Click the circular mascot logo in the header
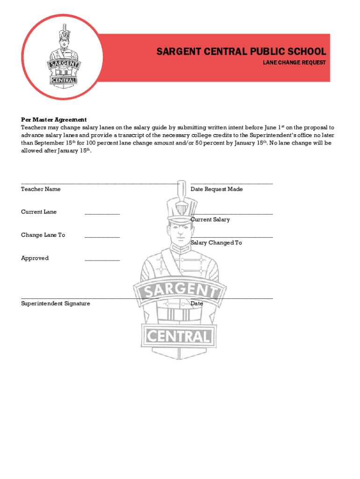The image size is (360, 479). pos(63,57)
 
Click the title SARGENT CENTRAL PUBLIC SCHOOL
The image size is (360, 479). pos(241,51)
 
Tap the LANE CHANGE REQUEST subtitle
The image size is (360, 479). pos(294,63)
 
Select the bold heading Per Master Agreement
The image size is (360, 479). pos(54,120)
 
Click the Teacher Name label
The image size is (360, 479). pos(41,189)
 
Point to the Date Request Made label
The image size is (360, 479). pos(216,189)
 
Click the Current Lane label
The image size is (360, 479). pos(39,212)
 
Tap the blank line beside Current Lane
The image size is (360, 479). pos(102,214)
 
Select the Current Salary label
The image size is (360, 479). pos(210,219)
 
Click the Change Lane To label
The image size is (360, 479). pos(43,235)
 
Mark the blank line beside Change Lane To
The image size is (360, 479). pos(102,237)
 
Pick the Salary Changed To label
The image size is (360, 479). pos(216,243)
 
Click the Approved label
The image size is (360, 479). pos(35,258)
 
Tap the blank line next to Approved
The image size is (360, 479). pos(102,260)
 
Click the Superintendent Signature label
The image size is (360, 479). pos(56,304)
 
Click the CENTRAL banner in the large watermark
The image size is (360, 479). pos(180,335)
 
